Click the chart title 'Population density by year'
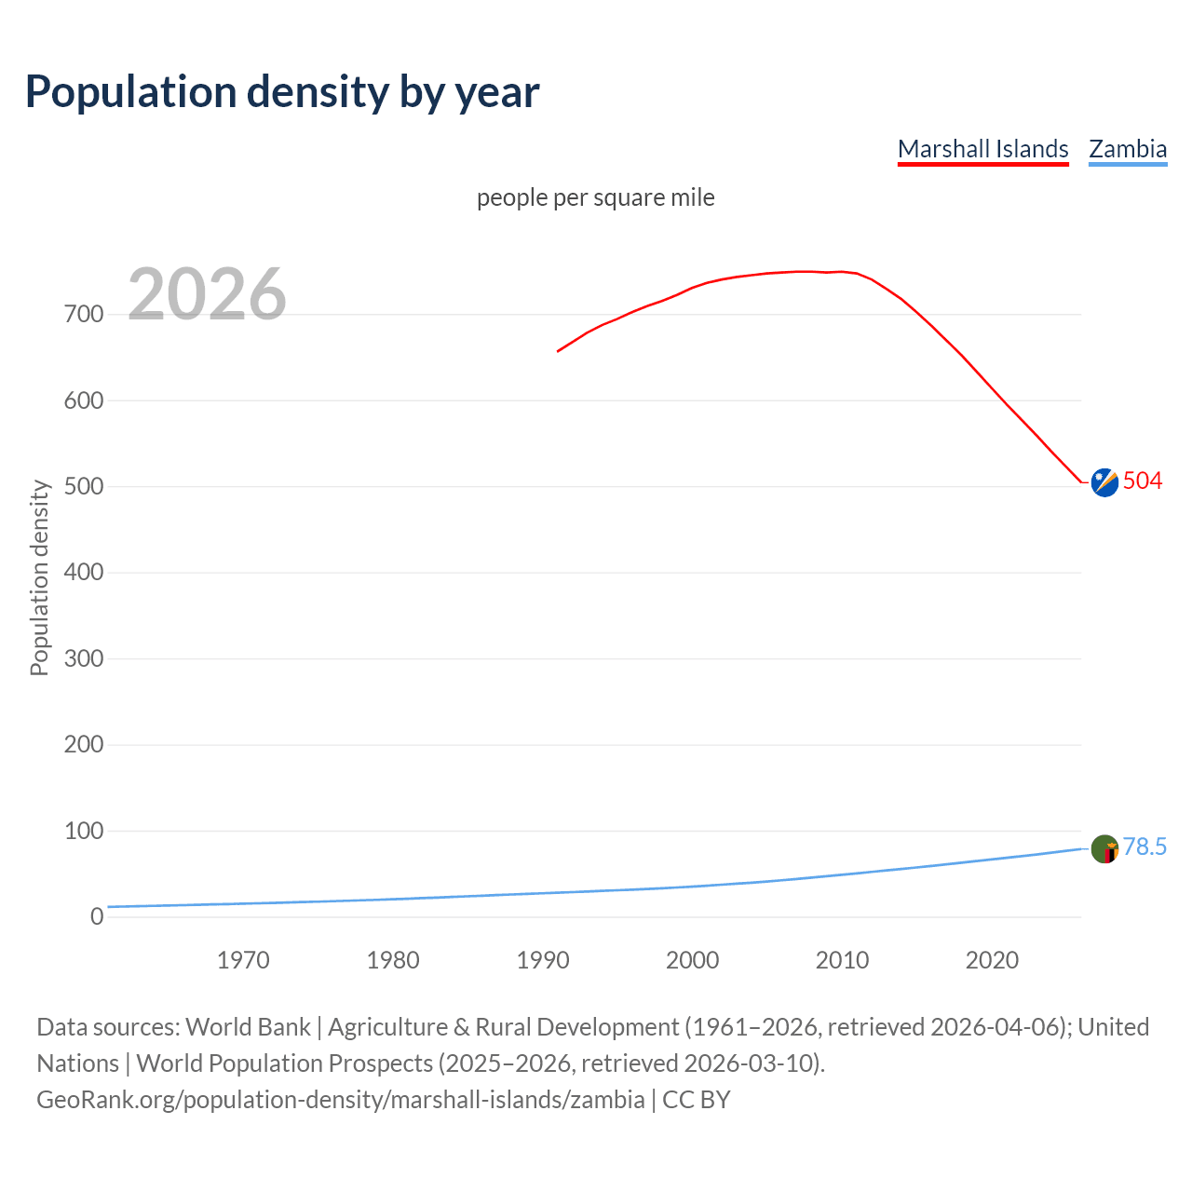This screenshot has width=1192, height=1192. (282, 92)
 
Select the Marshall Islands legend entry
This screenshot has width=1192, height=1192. (982, 149)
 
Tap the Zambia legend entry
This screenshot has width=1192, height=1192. (1128, 149)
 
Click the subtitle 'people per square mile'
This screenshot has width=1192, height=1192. (596, 197)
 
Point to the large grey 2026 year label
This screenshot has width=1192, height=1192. (207, 294)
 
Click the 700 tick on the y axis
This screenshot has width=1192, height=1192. (84, 315)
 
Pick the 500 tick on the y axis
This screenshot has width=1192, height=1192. (84, 487)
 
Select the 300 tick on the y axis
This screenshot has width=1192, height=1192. (84, 659)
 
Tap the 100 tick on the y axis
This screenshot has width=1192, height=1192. (84, 831)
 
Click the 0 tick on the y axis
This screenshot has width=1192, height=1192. (97, 917)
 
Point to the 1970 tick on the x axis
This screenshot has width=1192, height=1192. (243, 960)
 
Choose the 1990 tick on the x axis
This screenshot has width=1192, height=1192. (543, 960)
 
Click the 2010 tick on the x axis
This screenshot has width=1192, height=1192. (842, 960)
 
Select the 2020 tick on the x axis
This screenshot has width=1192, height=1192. (992, 960)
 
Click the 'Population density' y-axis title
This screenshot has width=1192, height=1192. (39, 577)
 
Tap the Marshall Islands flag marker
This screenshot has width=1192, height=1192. (1104, 482)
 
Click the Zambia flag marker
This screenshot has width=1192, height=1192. (1104, 849)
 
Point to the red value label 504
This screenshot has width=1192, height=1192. (1143, 481)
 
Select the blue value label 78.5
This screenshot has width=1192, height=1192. (1145, 847)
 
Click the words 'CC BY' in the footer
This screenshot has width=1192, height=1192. (696, 1100)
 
